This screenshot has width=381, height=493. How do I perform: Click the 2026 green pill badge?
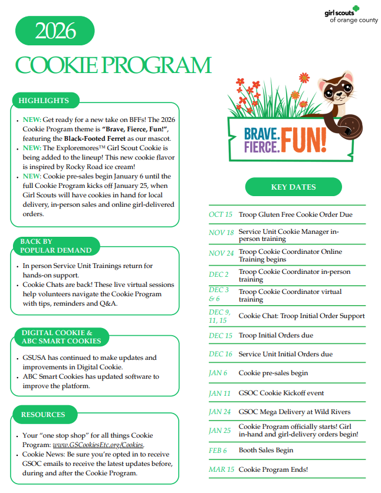(54, 31)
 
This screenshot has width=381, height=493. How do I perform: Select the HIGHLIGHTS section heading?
(44, 101)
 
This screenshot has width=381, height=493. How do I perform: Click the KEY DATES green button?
(293, 187)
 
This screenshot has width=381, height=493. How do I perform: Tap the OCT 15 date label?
(221, 214)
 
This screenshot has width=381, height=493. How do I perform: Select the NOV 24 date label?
(221, 253)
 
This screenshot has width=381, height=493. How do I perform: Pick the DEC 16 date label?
(221, 354)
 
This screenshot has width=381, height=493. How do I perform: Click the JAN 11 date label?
(219, 393)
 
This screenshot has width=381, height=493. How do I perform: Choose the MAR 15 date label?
(221, 469)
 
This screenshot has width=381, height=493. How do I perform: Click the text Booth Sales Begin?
(265, 451)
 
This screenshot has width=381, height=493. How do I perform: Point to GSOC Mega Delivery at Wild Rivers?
(294, 412)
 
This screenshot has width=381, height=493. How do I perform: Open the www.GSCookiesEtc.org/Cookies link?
(98, 445)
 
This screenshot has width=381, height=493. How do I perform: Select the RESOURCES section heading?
(43, 415)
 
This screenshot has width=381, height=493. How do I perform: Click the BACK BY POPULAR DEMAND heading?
(55, 246)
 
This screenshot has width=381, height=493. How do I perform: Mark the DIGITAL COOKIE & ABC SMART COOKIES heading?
(61, 337)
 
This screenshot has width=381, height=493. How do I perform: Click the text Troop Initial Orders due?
(275, 335)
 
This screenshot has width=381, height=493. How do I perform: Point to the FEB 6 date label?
(218, 451)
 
